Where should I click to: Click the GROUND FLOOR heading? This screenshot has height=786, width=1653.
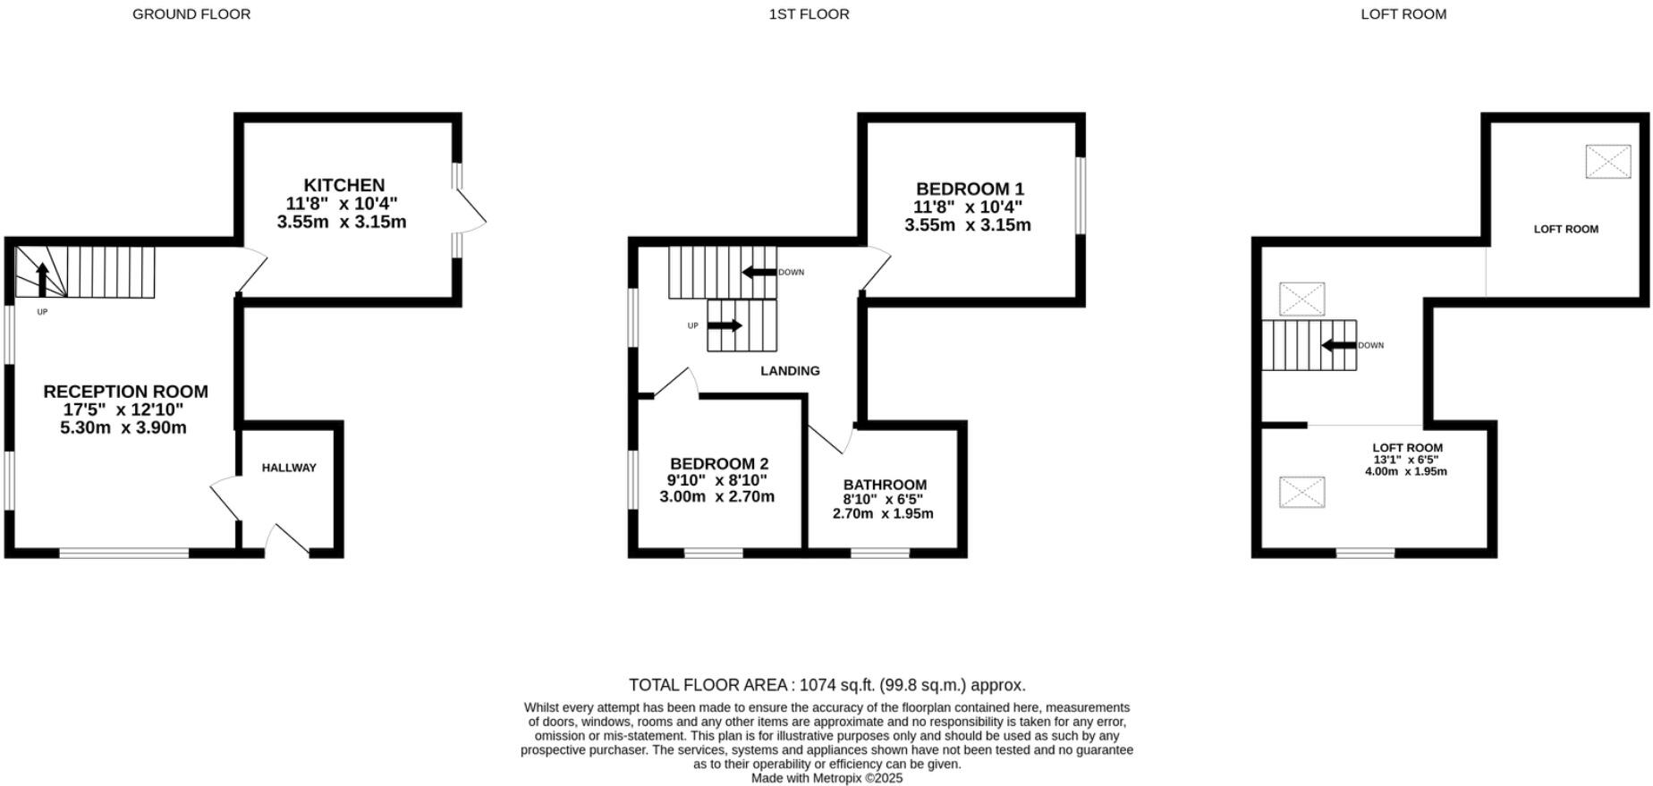pyautogui.click(x=191, y=14)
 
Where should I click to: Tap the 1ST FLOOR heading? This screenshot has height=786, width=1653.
pyautogui.click(x=809, y=14)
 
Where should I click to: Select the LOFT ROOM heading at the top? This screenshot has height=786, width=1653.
pyautogui.click(x=1403, y=14)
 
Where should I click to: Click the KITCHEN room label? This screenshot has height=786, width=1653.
pyautogui.click(x=343, y=186)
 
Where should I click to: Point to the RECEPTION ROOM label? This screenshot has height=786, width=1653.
pyautogui.click(x=125, y=392)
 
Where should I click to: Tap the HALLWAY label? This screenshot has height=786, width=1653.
pyautogui.click(x=289, y=468)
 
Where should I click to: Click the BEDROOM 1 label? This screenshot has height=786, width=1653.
pyautogui.click(x=970, y=190)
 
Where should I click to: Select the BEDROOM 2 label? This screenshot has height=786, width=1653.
pyautogui.click(x=719, y=464)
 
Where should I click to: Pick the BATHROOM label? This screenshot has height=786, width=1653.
pyautogui.click(x=885, y=485)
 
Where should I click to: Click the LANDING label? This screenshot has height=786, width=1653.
pyautogui.click(x=790, y=371)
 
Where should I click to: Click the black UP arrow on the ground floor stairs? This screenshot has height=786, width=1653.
pyautogui.click(x=42, y=278)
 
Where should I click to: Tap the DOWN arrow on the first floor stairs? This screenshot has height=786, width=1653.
pyautogui.click(x=759, y=272)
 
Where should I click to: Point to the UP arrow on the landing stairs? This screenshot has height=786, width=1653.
pyautogui.click(x=725, y=325)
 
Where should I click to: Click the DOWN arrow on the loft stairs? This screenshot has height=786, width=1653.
pyautogui.click(x=1339, y=345)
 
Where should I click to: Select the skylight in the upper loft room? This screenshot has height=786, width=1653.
pyautogui.click(x=1607, y=162)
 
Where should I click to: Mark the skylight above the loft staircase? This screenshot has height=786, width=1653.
pyautogui.click(x=1301, y=299)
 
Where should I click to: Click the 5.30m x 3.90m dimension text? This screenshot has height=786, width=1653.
pyautogui.click(x=123, y=427)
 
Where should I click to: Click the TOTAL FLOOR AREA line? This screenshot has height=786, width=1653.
pyautogui.click(x=826, y=685)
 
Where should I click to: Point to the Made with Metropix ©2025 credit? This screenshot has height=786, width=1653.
pyautogui.click(x=826, y=778)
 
